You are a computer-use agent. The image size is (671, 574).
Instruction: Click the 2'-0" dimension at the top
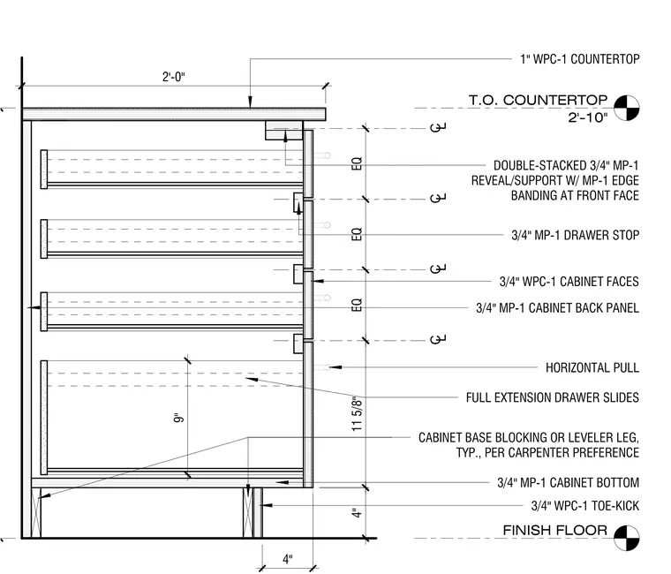click(173, 77)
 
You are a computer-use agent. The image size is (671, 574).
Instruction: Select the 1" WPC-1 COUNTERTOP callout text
click(580, 59)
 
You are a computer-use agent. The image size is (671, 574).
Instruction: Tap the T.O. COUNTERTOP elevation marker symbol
click(627, 108)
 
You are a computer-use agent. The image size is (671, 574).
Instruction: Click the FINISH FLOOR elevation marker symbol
click(627, 538)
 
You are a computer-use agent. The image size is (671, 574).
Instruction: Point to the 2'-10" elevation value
click(587, 117)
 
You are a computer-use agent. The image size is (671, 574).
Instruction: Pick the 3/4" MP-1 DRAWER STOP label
click(575, 235)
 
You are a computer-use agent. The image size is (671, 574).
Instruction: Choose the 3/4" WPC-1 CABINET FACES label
click(569, 282)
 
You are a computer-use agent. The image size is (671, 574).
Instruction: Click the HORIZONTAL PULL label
click(592, 367)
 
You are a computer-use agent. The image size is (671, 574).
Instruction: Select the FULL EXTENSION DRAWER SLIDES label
click(553, 397)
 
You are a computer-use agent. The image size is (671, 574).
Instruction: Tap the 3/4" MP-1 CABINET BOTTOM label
click(569, 483)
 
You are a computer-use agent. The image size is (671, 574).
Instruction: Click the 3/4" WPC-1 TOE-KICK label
click(585, 506)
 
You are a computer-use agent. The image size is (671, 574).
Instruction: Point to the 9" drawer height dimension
click(179, 418)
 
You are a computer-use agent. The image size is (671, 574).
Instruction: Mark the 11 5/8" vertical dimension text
click(357, 413)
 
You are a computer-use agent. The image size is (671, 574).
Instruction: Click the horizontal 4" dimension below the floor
click(288, 559)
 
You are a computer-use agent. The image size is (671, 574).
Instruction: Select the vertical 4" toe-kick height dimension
click(357, 513)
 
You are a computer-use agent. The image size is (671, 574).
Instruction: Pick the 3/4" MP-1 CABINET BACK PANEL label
click(558, 308)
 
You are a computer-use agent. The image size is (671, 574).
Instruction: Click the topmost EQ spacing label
click(357, 163)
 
